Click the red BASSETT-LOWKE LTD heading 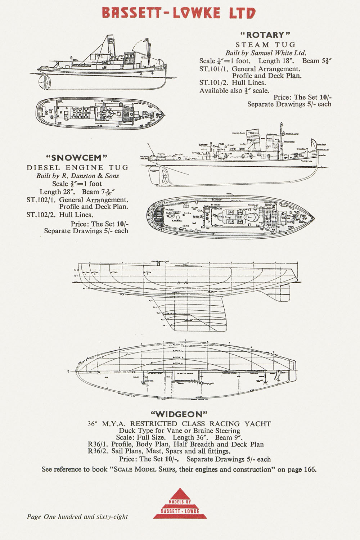click(x=179, y=13)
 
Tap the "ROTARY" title click(x=265, y=35)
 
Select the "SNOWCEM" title click(x=77, y=158)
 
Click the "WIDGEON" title click(x=179, y=414)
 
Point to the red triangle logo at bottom click(x=180, y=504)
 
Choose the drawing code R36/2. click(x=98, y=451)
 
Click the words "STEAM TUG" click(x=265, y=45)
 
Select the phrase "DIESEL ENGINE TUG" click(x=77, y=167)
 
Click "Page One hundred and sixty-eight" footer click(x=77, y=517)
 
